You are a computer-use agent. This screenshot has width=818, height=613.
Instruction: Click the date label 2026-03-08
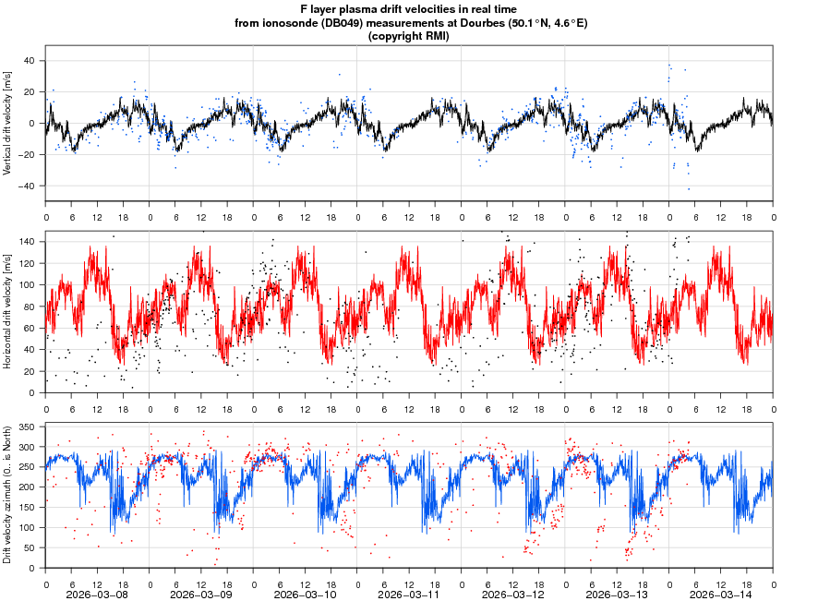point(98,595)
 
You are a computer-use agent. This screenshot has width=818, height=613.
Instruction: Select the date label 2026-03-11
point(409,595)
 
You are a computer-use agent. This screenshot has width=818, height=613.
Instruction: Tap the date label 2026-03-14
point(721,595)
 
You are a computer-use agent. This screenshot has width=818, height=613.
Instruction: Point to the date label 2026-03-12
point(513,595)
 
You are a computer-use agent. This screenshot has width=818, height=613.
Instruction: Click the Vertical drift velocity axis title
point(8,123)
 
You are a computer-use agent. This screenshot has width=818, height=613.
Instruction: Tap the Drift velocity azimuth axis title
point(8,495)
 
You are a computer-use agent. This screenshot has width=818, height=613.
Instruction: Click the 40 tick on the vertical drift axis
point(28,61)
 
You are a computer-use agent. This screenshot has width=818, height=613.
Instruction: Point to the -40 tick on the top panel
point(26,186)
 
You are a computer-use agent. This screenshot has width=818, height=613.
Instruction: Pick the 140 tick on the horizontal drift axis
point(25,241)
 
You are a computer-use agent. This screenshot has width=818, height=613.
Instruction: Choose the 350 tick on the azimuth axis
point(25,427)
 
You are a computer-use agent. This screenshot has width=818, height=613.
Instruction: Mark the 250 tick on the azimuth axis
point(25,467)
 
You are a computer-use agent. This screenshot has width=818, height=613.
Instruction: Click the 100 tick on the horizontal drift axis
point(25,284)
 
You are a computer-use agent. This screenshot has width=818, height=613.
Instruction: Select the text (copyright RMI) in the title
point(408,36)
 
